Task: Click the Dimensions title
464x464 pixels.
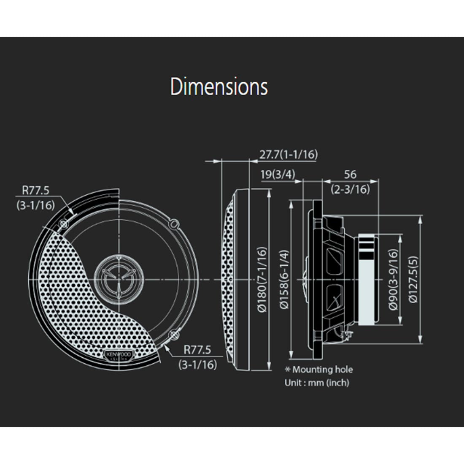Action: coord(219,87)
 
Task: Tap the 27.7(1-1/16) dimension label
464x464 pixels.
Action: coord(288,154)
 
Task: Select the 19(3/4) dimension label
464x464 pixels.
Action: coord(278,174)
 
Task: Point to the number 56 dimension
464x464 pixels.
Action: coord(350,174)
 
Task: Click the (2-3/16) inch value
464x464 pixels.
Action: coord(350,189)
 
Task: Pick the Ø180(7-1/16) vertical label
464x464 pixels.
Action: coord(262,279)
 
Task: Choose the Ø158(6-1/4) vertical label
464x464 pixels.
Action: coord(285,279)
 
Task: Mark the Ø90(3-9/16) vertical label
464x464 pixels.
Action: coord(393,279)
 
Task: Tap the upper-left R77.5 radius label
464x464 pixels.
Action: coord(35,190)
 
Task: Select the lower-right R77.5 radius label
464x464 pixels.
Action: coord(197,350)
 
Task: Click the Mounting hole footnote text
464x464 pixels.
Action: coord(323,370)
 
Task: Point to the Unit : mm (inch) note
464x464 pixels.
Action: coord(317,383)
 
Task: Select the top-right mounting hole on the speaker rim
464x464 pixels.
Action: coord(174,223)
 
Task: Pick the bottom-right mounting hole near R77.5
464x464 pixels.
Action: coord(173,335)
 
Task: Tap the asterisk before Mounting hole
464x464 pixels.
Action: coord(288,370)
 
